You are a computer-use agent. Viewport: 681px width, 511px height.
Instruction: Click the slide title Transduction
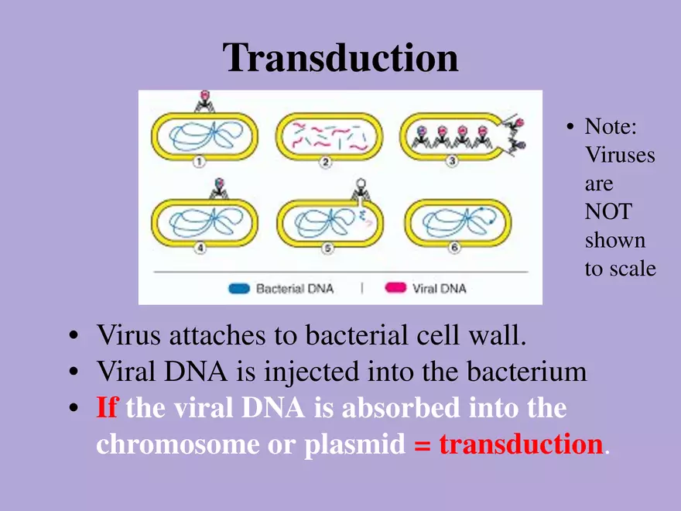click(x=340, y=59)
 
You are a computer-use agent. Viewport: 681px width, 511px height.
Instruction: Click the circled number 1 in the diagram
click(x=199, y=162)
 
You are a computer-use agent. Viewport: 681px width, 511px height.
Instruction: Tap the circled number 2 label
click(x=326, y=162)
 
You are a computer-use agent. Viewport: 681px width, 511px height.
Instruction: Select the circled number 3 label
click(x=452, y=161)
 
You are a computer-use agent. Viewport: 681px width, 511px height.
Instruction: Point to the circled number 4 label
click(x=199, y=248)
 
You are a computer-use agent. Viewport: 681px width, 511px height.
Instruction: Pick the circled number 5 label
click(x=326, y=248)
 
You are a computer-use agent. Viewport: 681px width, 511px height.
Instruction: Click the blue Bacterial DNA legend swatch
click(x=240, y=289)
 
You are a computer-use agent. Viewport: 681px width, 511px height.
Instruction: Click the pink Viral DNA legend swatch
click(x=395, y=289)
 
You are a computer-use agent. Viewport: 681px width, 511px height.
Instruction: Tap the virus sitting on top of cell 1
click(x=205, y=101)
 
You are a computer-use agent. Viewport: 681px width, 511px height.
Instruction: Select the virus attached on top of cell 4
click(x=219, y=188)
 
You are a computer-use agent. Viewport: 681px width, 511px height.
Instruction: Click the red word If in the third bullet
click(x=107, y=407)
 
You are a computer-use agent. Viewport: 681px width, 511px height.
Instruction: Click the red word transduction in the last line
click(x=521, y=444)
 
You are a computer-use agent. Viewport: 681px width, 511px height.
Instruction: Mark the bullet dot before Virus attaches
click(x=74, y=337)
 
